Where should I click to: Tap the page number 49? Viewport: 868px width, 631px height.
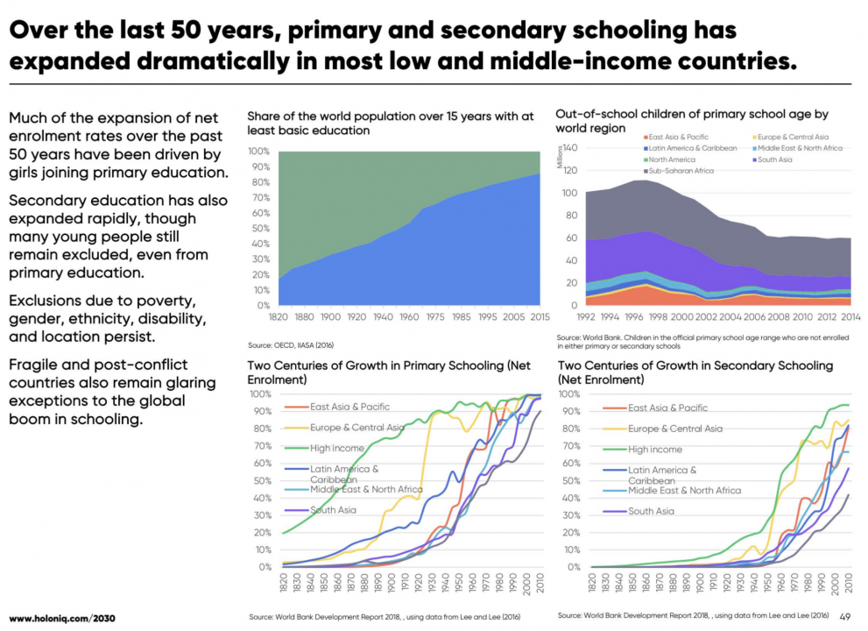[845, 616]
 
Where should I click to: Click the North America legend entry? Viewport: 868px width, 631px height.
[674, 160]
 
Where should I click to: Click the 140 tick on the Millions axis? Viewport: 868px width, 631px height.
[569, 148]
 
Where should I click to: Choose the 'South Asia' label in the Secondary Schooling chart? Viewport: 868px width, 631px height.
[651, 511]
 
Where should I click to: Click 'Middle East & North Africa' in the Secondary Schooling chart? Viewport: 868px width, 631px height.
[684, 490]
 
